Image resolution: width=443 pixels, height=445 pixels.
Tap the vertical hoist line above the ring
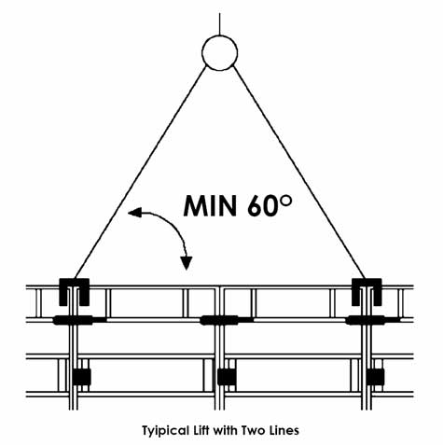(x=220, y=24)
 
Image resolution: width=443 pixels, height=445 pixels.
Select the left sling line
(x=141, y=172)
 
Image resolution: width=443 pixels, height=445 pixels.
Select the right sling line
(x=298, y=172)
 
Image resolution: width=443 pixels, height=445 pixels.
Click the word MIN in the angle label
(x=210, y=206)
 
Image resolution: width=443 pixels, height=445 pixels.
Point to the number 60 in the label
(x=262, y=206)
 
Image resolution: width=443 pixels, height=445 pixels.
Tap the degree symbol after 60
(x=285, y=201)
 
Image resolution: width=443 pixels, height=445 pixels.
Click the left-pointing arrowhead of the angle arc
(x=134, y=213)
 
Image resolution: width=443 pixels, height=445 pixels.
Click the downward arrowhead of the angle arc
(x=187, y=263)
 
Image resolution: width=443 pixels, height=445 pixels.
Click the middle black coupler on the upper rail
(x=219, y=320)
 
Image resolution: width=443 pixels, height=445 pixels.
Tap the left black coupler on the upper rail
(x=74, y=320)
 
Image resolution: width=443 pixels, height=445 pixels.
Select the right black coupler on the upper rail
(x=366, y=320)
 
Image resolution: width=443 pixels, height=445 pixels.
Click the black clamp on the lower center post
(x=227, y=376)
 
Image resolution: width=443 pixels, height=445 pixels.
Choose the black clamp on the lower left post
(x=82, y=376)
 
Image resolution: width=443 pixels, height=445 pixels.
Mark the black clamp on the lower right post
(x=375, y=376)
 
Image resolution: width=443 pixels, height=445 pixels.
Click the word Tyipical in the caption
(x=165, y=431)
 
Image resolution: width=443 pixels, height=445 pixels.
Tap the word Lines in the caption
(x=284, y=430)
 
